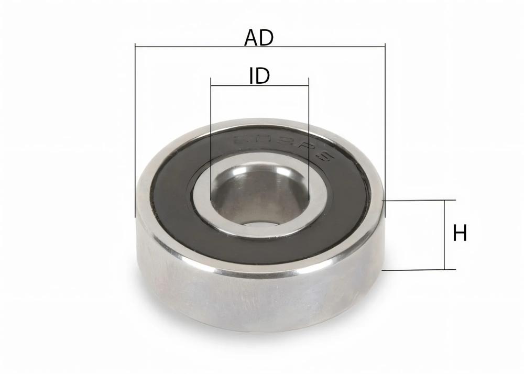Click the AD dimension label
(259, 38)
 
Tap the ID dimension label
(259, 76)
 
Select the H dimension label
(460, 234)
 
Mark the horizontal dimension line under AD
(314, 47)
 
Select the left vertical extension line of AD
(135, 131)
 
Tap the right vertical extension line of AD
(385, 131)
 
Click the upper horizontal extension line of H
(419, 200)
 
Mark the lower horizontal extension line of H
(419, 270)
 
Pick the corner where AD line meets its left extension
(135, 47)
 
